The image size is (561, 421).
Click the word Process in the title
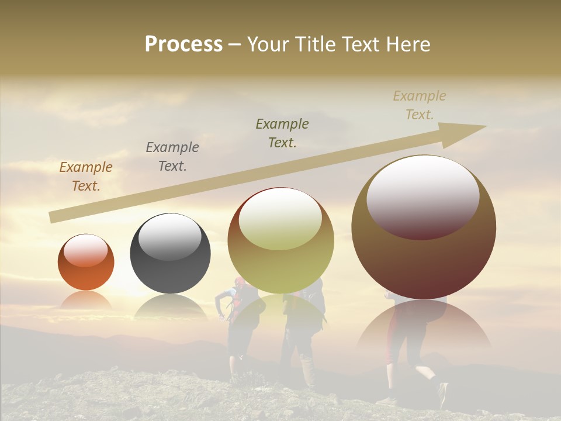tap(183, 44)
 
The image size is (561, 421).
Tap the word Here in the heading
tap(409, 44)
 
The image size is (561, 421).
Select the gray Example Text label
tap(172, 156)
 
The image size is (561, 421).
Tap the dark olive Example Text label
tap(282, 133)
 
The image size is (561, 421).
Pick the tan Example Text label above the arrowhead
tap(420, 105)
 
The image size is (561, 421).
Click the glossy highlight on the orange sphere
tap(85, 250)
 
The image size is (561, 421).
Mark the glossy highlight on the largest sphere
tap(423, 197)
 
